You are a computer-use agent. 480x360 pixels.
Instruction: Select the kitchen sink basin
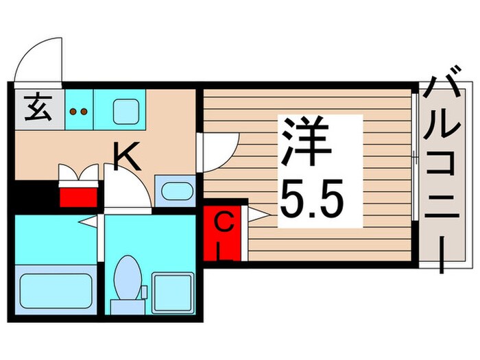(x=126, y=109)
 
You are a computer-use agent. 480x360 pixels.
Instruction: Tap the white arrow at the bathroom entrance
(x=88, y=221)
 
